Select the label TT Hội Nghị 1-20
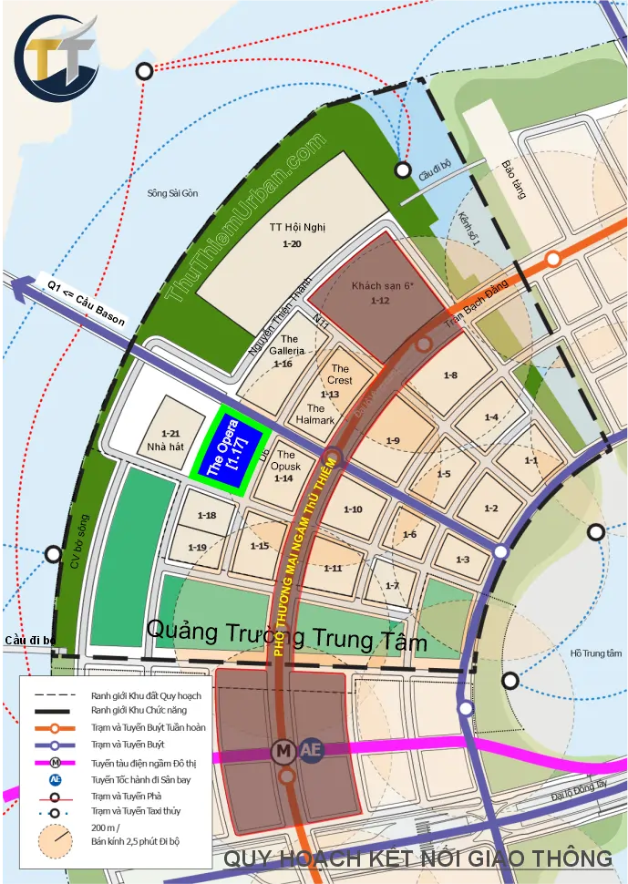pos(292,235)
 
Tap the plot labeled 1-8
pos(450,375)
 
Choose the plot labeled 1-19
pos(198,547)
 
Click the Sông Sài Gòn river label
pos(172,193)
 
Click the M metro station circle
pos(284,751)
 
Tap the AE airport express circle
pos(311,750)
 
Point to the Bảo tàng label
pos(512,180)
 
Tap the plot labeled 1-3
pos(462,560)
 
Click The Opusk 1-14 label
pos(284,466)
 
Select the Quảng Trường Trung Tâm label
pos(286,635)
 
